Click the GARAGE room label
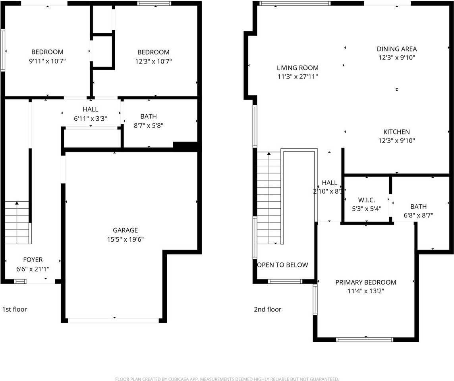point(125,230)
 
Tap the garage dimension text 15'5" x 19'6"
point(125,239)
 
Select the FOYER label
point(33,260)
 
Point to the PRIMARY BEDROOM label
point(366,282)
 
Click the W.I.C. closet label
point(366,200)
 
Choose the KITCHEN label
point(396,132)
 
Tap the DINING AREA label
point(397,49)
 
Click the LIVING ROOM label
point(298,68)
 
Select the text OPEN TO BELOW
point(282,265)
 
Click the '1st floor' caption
point(15,309)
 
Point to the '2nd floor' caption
point(267,309)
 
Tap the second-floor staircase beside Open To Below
point(269,198)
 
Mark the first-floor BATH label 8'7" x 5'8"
point(149,116)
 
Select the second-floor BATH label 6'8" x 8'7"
point(418,206)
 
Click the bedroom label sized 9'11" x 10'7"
point(47,52)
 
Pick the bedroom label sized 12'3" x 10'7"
point(153,52)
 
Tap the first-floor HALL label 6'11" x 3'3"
point(91,110)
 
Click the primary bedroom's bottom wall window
point(364,339)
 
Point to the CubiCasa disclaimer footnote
point(227,379)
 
